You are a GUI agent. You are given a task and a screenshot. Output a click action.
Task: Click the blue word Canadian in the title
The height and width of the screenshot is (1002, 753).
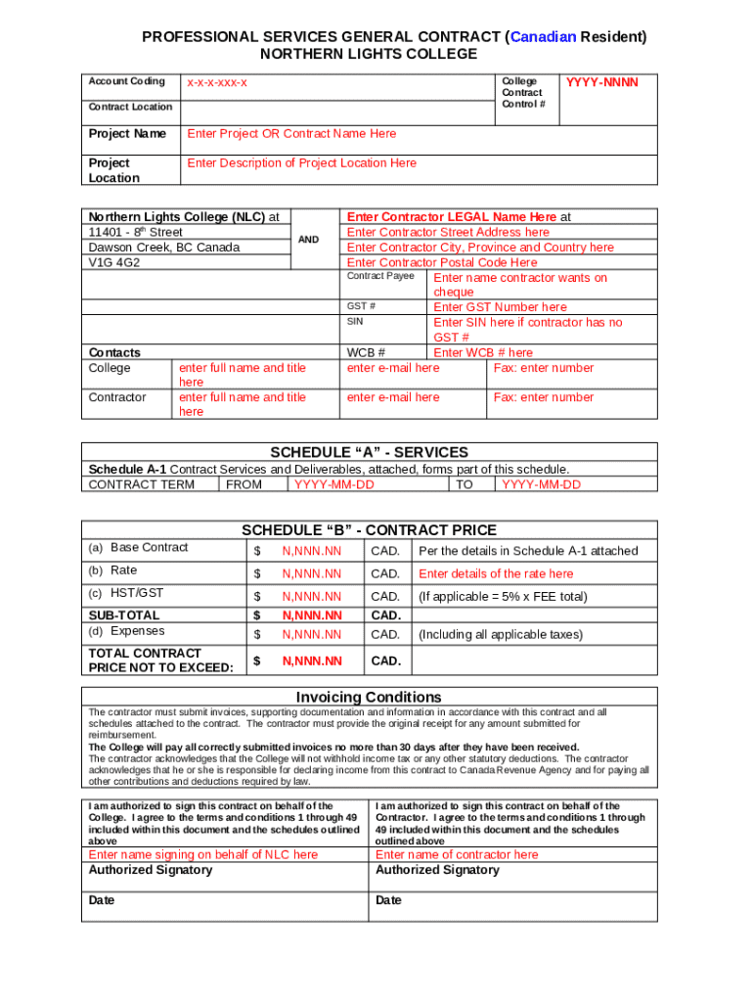pyautogui.click(x=543, y=37)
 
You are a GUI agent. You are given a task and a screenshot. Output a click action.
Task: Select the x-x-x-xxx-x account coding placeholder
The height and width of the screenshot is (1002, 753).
pyautogui.click(x=217, y=83)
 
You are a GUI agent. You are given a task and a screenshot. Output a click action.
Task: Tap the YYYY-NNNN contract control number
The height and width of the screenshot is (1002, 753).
pyautogui.click(x=601, y=83)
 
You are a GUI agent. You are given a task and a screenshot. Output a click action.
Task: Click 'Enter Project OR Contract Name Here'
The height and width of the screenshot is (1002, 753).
pyautogui.click(x=291, y=134)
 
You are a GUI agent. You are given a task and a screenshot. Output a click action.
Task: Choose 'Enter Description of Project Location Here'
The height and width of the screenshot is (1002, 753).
pyautogui.click(x=301, y=163)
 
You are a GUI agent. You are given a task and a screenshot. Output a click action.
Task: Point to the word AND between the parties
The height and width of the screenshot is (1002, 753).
pyautogui.click(x=308, y=240)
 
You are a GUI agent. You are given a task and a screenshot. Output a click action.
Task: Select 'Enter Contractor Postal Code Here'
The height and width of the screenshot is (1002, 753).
pyautogui.click(x=442, y=263)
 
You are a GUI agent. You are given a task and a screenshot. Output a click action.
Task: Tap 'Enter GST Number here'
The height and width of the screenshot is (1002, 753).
pyautogui.click(x=500, y=307)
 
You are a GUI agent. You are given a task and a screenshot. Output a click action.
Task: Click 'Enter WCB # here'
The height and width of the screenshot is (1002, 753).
pyautogui.click(x=483, y=352)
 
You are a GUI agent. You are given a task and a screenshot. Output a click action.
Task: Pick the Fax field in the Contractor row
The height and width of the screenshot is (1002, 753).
pyautogui.click(x=543, y=397)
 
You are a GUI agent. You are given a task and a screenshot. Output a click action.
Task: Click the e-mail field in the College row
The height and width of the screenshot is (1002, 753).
pyautogui.click(x=393, y=368)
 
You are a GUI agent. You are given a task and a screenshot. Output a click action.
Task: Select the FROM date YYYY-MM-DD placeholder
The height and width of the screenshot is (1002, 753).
pyautogui.click(x=333, y=484)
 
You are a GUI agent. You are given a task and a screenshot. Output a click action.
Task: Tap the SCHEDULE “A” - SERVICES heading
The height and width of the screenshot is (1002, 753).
pyautogui.click(x=369, y=452)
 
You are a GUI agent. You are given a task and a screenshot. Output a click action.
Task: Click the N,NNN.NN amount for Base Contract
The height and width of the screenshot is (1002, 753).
pyautogui.click(x=312, y=551)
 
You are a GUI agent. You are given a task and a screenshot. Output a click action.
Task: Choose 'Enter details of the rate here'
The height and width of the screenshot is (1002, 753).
pyautogui.click(x=496, y=574)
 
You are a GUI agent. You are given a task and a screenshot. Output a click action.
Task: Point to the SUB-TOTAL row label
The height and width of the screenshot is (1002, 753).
pyautogui.click(x=124, y=615)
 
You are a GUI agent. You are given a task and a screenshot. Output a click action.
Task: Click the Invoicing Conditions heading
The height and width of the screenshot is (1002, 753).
pyautogui.click(x=369, y=697)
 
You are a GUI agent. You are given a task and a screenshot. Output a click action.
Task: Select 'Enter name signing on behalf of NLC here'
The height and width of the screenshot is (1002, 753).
pyautogui.click(x=203, y=854)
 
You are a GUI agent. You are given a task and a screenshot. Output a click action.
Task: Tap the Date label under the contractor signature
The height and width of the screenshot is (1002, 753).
pyautogui.click(x=388, y=900)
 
